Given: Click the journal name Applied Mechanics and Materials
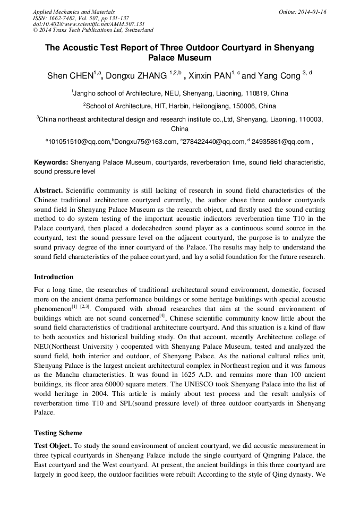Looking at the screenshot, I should click(x=74, y=12).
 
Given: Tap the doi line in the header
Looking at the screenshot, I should click(x=89, y=24).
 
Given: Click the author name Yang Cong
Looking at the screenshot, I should click(x=280, y=76).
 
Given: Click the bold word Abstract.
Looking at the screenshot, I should click(x=49, y=190).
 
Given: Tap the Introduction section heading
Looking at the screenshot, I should click(x=54, y=277).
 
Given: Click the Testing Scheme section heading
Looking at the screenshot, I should click(x=58, y=433).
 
